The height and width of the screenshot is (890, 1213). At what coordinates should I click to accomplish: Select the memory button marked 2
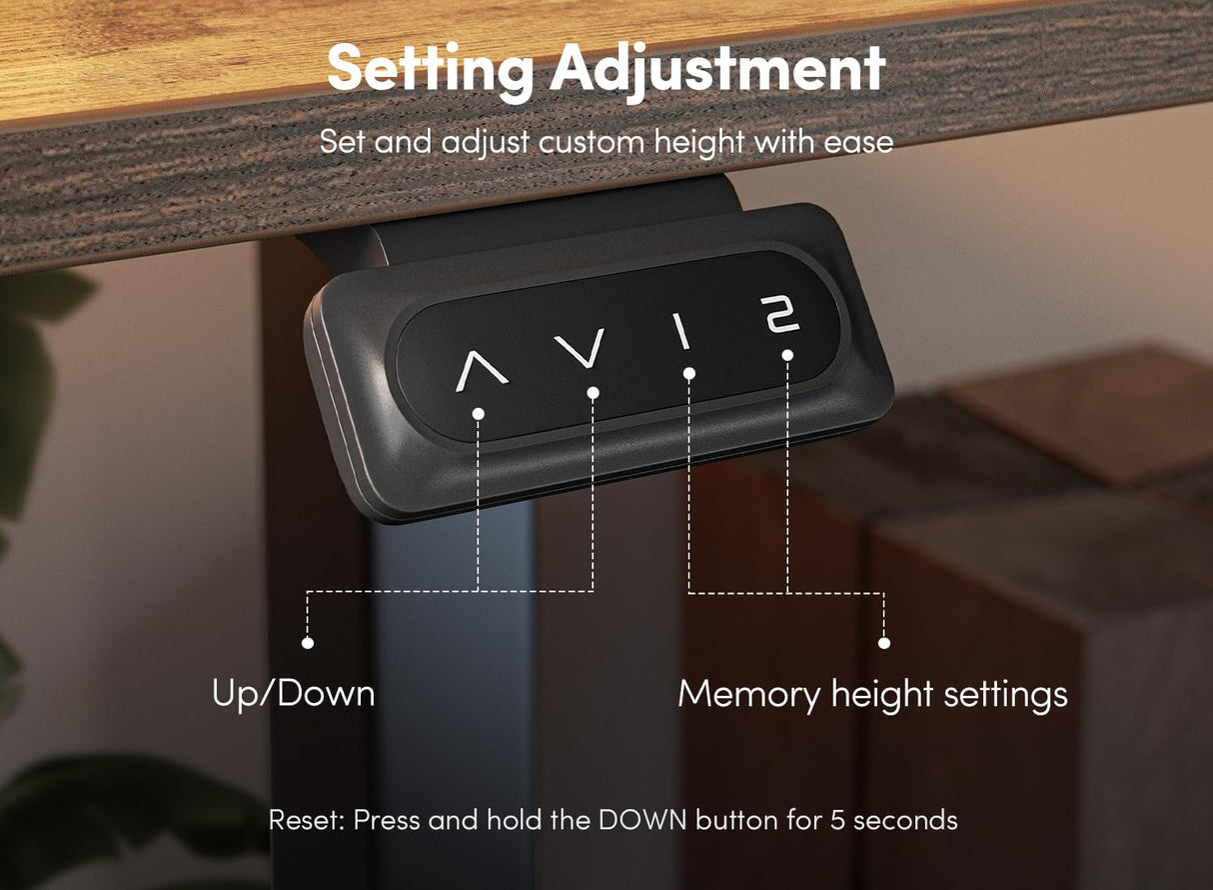pyautogui.click(x=779, y=314)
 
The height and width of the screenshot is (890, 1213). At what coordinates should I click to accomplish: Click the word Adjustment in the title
pyautogui.click(x=718, y=70)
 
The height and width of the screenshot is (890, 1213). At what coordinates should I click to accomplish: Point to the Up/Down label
pyautogui.click(x=293, y=694)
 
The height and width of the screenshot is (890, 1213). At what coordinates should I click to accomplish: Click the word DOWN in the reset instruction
pyautogui.click(x=642, y=820)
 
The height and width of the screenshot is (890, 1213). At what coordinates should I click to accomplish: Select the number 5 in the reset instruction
pyautogui.click(x=837, y=820)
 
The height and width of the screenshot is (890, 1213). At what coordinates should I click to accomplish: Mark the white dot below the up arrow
pyautogui.click(x=479, y=414)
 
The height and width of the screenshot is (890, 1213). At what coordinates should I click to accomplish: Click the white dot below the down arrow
pyautogui.click(x=593, y=393)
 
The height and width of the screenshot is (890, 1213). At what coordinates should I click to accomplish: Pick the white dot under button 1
pyautogui.click(x=689, y=373)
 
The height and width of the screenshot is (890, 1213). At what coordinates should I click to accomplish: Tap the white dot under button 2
pyautogui.click(x=788, y=355)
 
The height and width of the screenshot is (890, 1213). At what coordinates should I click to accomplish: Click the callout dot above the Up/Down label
pyautogui.click(x=308, y=643)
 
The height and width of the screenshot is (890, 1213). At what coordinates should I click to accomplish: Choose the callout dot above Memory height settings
pyautogui.click(x=884, y=643)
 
